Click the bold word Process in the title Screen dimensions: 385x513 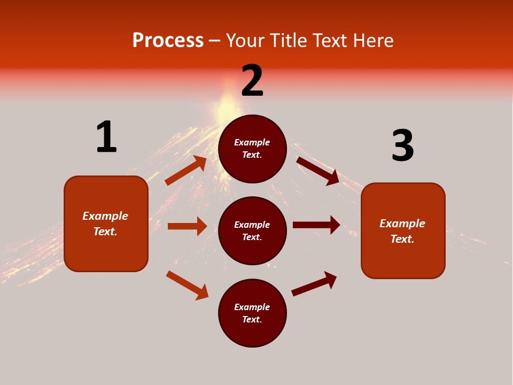(168, 41)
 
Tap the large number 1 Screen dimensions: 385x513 (106, 137)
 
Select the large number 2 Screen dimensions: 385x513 (252, 81)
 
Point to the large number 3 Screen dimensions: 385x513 (402, 145)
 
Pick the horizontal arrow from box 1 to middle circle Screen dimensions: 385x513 (187, 226)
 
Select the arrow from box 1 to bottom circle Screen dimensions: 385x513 (187, 285)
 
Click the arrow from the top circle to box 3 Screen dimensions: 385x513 (317, 171)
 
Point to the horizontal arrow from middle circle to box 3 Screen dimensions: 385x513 (316, 225)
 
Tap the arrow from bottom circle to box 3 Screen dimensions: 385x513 (314, 284)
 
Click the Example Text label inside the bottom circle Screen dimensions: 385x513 (252, 313)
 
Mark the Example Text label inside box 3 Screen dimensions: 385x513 (402, 231)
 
